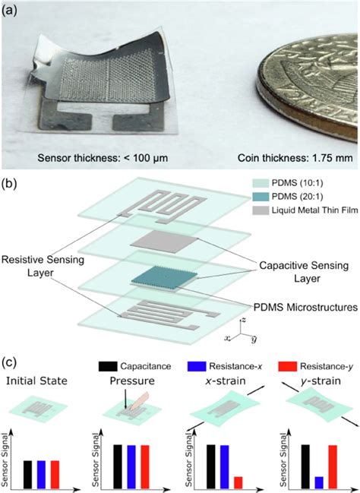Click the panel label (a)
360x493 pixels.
coord(9,11)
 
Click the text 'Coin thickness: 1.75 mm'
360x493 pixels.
coord(295,157)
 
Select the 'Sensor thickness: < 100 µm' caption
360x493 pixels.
coord(103,157)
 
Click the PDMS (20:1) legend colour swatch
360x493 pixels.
coord(261,197)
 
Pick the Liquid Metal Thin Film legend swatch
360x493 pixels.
coord(261,210)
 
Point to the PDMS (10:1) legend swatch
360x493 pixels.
coord(261,183)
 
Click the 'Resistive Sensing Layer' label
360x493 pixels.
coord(43,266)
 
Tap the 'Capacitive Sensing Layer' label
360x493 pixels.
coord(304,272)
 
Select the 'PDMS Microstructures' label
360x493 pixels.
coord(305,307)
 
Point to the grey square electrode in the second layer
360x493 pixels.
coord(164,242)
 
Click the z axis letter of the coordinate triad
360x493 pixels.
coord(243,320)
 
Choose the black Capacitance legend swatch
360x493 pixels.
coord(108,366)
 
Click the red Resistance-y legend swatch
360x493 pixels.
coord(288,366)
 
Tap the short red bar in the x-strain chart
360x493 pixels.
coord(238,482)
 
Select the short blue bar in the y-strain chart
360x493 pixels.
coord(319,482)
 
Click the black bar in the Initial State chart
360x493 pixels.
coord(27,475)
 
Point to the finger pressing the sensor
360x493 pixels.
coord(141,401)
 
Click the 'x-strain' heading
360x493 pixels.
coord(225,381)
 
